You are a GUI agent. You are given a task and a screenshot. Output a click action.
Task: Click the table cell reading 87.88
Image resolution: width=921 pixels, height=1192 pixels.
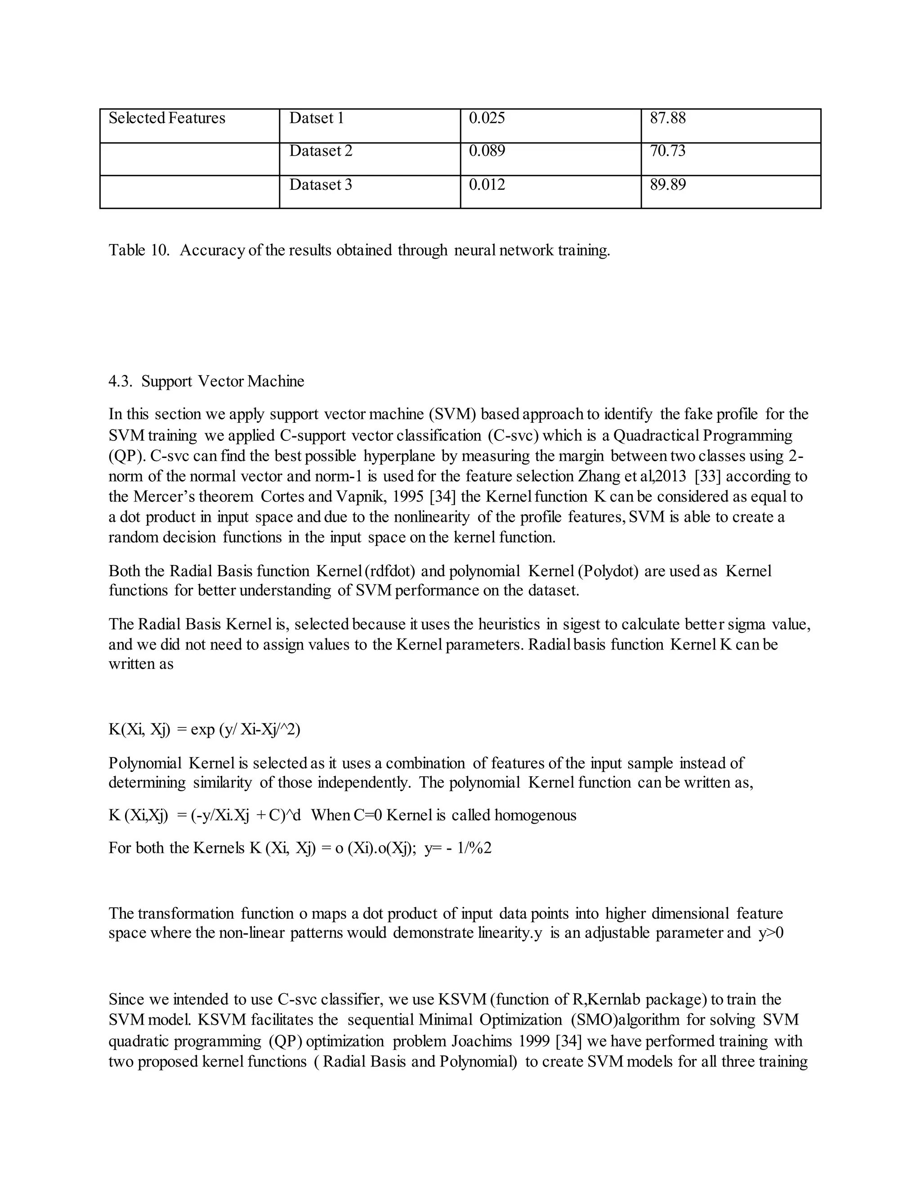[667, 118]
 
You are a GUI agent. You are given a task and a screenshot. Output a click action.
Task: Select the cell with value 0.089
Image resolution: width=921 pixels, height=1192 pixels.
[487, 151]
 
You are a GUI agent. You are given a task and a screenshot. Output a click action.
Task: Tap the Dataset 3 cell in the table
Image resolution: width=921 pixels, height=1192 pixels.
[320, 184]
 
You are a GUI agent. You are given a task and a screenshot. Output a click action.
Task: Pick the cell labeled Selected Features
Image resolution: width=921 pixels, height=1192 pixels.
[166, 118]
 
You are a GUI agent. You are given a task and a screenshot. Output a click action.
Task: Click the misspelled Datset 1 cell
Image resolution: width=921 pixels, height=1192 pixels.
[317, 118]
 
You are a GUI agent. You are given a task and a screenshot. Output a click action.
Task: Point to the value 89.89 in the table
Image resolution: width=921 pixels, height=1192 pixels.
[667, 184]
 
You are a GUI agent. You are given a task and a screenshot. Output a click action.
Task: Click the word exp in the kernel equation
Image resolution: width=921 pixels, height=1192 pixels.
[202, 729]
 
